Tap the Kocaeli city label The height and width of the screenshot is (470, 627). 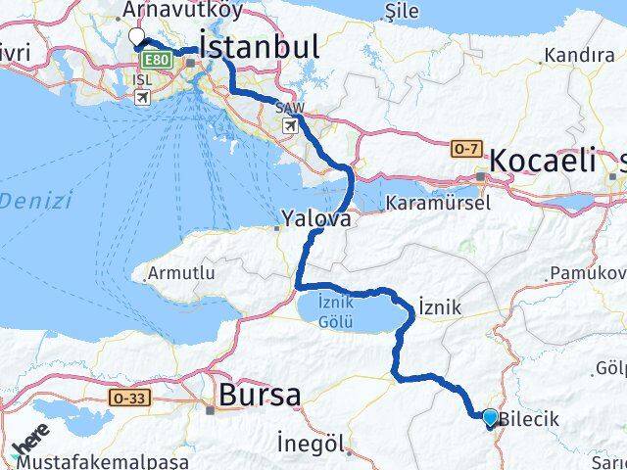[x=542, y=160]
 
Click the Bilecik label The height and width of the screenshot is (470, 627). [x=529, y=419]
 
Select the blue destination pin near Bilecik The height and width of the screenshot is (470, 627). [x=490, y=417]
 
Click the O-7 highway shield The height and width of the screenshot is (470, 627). [x=467, y=148]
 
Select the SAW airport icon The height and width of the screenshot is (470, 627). [x=289, y=125]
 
